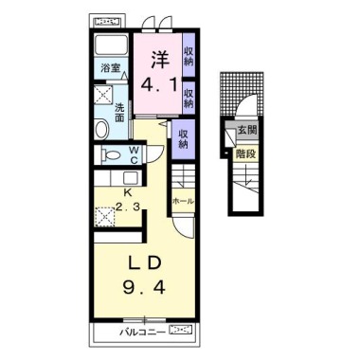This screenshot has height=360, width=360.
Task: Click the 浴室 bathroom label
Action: pos(110,68)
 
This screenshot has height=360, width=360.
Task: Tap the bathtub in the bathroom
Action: pos(111,45)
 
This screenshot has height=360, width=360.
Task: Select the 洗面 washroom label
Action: pos(119,113)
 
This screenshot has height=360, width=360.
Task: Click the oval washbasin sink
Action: pos(101,129)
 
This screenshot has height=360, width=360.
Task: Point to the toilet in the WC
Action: pos(110,155)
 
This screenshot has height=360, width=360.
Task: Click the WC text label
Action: pos(134,154)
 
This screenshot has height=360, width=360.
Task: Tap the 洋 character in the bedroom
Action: pos(160,60)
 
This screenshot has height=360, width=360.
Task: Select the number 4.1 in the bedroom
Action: pos(159,84)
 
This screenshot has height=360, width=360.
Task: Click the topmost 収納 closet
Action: pos(189,56)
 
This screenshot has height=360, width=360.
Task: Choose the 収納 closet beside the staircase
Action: pos(183,139)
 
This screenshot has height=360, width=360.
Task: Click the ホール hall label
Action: pos(183,201)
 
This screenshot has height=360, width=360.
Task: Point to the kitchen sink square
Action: pos(130,178)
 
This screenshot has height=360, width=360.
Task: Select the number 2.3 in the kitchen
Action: pos(127,207)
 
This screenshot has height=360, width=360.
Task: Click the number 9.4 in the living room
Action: pos(144,288)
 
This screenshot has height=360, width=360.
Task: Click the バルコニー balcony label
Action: pos(143,333)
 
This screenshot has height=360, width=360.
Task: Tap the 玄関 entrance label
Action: pos(247,130)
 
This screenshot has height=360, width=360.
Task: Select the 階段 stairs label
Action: pos(245,154)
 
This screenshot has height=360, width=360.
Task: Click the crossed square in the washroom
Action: pos(103,94)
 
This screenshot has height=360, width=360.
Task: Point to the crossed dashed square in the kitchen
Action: pos(105,217)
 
